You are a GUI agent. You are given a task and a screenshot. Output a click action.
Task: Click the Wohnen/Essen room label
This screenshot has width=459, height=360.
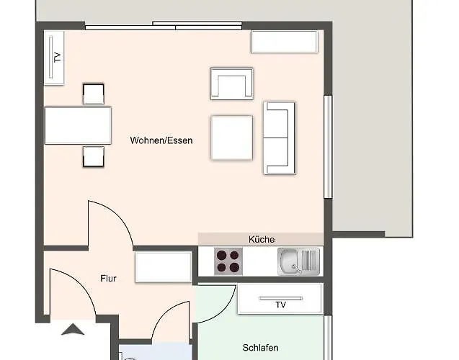pos(161,140)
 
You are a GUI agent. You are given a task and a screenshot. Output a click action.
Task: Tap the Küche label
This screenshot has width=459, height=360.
pos(262,240)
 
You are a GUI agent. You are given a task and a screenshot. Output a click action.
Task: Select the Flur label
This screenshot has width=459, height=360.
pos(108,279)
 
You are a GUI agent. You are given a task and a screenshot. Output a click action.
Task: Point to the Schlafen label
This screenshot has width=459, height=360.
pos(261,348)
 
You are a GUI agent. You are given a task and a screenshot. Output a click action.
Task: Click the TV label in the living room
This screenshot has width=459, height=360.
pos(58,57)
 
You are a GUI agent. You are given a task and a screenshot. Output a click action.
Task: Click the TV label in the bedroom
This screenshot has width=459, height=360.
pos(280,305)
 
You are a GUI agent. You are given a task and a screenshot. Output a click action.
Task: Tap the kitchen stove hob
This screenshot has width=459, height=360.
pos(228,261)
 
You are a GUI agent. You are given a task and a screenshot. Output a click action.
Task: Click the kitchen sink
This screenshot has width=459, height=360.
pos(298,261)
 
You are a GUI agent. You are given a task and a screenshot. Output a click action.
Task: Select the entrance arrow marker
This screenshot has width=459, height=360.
pos(73,330)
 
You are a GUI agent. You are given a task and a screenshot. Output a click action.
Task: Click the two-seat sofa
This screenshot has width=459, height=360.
pos(280,138)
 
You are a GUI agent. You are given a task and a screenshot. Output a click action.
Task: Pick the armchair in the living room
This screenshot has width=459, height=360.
pos(232,84)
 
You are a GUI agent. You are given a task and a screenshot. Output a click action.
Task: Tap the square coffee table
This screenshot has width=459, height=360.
pos(232,138)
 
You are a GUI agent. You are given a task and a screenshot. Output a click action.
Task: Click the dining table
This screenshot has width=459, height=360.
pos(78,125)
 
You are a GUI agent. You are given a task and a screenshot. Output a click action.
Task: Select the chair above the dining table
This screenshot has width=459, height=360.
pos(94,94)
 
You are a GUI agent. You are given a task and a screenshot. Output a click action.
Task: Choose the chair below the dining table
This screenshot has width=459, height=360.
pos(94,156)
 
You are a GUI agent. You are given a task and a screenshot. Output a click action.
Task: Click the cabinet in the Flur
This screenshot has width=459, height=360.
pos(164,267)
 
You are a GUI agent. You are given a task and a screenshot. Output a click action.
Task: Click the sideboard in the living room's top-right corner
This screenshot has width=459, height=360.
pos(285,42)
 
